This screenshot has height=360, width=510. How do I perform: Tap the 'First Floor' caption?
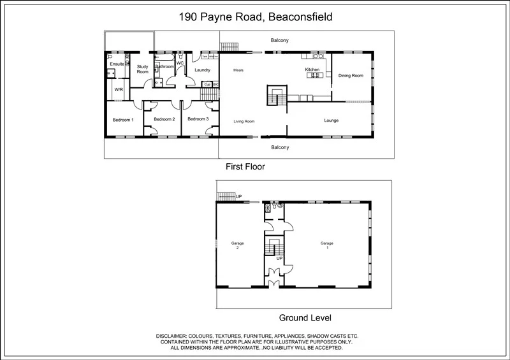click(245, 166)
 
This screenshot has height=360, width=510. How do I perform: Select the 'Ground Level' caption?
click(305, 317)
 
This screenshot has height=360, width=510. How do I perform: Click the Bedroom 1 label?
click(123, 120)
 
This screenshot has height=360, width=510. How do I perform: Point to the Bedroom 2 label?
click(164, 120)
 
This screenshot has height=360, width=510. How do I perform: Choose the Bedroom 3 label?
click(198, 119)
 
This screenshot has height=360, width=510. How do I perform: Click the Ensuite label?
click(117, 64)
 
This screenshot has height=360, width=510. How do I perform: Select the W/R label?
click(119, 90)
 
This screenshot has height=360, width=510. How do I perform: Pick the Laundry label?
click(202, 70)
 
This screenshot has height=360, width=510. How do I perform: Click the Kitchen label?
click(312, 69)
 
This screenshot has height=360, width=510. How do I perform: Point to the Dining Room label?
click(351, 75)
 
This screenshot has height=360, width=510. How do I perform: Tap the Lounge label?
click(331, 120)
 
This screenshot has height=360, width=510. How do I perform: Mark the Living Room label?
click(244, 120)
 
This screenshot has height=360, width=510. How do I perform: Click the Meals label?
click(239, 70)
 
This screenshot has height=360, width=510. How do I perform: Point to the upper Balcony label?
click(279, 40)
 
